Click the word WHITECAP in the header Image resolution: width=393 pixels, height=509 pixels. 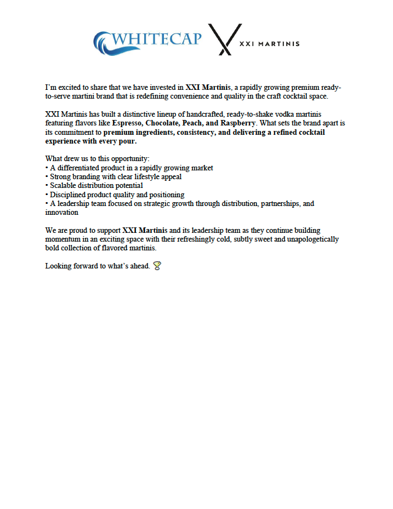(x=157, y=39)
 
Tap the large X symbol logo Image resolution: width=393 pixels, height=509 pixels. (x=224, y=39)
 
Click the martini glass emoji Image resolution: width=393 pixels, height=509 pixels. (x=157, y=266)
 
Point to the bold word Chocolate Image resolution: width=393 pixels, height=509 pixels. (x=163, y=123)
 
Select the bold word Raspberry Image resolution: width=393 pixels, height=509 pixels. (x=238, y=123)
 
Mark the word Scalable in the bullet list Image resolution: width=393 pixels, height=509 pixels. (x=65, y=185)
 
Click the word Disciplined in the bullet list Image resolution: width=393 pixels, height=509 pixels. (x=69, y=195)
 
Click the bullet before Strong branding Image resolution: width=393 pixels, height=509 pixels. (x=47, y=177)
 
